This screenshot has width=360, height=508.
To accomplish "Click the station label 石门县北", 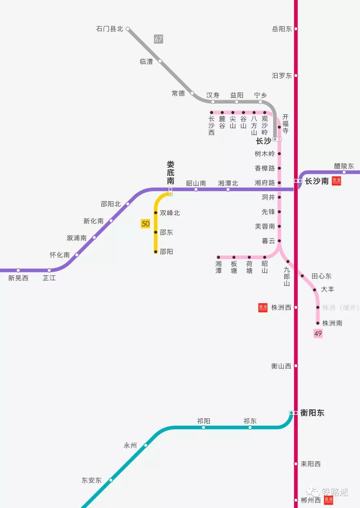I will tap(110, 29).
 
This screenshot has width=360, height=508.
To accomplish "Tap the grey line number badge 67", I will tap(158, 39).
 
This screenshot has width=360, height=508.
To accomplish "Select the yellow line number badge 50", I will tap(146, 224).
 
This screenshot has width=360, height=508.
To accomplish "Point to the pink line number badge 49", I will tap(318, 333).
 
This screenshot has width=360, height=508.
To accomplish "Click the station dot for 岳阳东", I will tap(296, 29).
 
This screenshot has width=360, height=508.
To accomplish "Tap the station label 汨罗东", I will tap(282, 76).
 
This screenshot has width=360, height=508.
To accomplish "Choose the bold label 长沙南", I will tap(317, 181).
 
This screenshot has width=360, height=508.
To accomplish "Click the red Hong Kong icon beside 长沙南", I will tap(336, 181).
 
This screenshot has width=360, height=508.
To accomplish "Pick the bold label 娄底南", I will tap(170, 173).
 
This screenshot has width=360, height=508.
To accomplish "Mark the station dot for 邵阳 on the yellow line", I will tap(156, 252).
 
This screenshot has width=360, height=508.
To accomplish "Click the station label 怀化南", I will tap(60, 255).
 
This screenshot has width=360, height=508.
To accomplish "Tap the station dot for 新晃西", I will tap(18, 270).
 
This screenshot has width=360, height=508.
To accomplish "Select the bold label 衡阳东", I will tap(312, 413).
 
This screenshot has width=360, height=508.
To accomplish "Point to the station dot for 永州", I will tap(146, 445).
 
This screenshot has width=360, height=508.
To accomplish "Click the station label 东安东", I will tap(91, 480).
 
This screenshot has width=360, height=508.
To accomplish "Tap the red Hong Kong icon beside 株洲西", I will tap(263, 307).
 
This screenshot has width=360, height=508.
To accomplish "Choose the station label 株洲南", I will tap(332, 323).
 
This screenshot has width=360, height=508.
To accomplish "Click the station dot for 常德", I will tap(192, 93).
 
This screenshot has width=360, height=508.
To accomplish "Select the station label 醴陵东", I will tap(344, 166).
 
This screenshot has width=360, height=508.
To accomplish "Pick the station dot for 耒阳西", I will tap(296, 464).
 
